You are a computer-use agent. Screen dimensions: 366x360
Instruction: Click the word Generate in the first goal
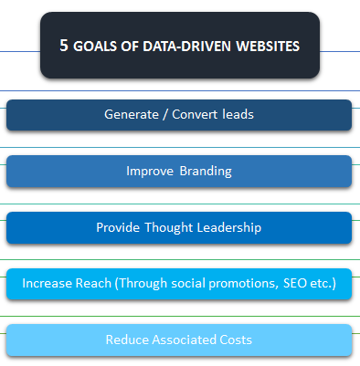click(x=131, y=115)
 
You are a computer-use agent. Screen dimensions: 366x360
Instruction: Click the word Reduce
click(x=126, y=340)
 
